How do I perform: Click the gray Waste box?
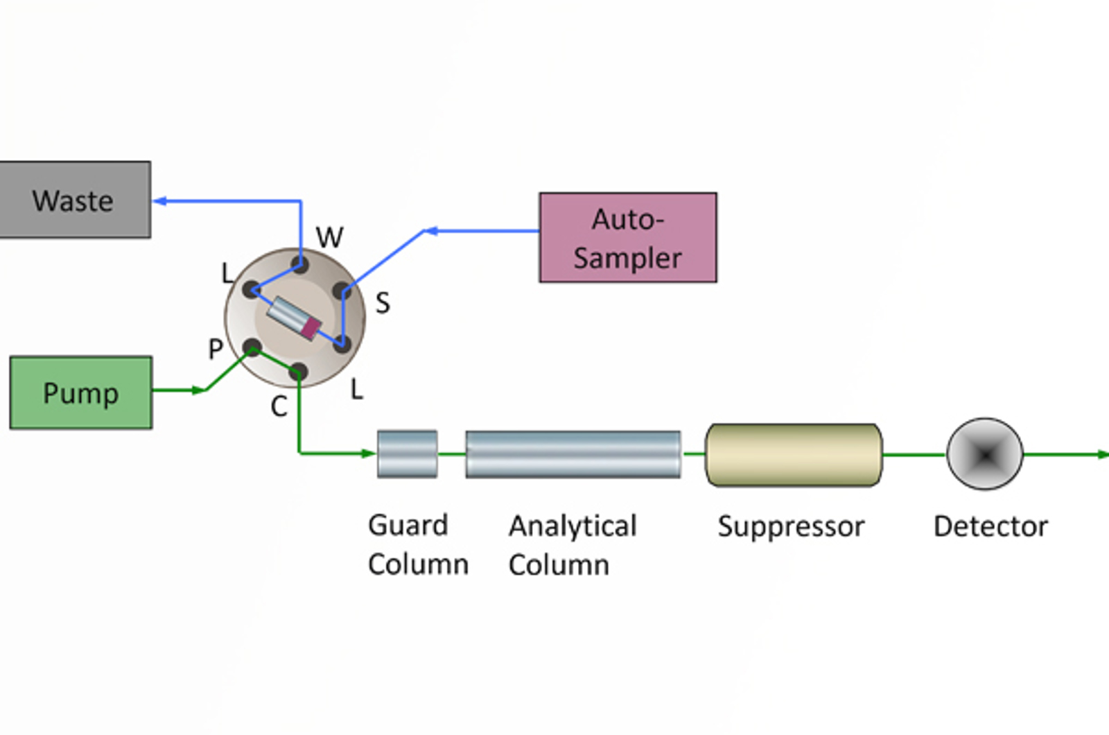[x=74, y=200]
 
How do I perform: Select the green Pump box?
[x=80, y=392]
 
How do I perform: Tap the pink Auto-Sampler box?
[x=628, y=238]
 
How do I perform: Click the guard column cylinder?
[x=407, y=454]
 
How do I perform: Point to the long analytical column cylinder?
[x=573, y=454]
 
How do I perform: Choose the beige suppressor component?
[x=794, y=455]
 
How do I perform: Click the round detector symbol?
[x=984, y=454]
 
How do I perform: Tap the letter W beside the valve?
[x=329, y=238]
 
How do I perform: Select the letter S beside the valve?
[x=383, y=303]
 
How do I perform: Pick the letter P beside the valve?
[x=216, y=349]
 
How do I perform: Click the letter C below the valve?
[x=279, y=407]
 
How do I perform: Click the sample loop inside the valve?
[x=295, y=318]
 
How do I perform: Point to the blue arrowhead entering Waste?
[x=159, y=201]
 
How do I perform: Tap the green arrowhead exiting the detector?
[x=1102, y=455]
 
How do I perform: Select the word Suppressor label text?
[x=791, y=527]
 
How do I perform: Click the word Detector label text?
[x=990, y=527]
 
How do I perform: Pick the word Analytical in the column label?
[x=573, y=526]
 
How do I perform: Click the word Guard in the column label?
[x=408, y=526]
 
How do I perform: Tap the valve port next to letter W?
[x=300, y=264]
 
